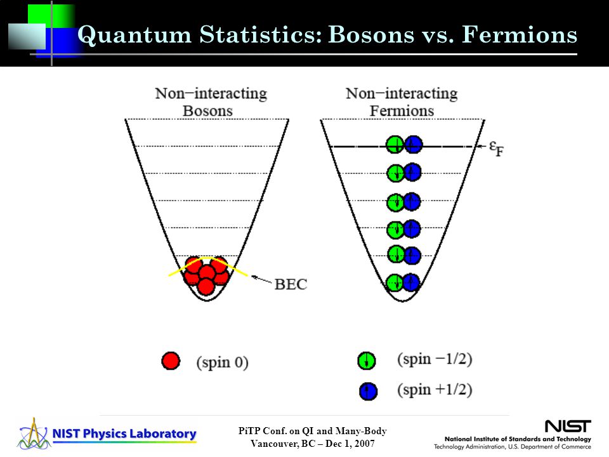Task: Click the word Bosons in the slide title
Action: coord(371,34)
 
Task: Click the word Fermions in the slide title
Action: coord(520,34)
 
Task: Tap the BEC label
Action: coord(291,284)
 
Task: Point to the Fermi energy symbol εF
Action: coord(496,149)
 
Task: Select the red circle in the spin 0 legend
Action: coord(171,361)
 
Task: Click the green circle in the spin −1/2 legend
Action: coord(366,361)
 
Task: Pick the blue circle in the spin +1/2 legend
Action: coord(368,391)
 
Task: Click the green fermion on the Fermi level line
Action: coord(395,145)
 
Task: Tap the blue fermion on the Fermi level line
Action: coord(413,145)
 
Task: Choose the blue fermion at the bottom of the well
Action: coord(411,282)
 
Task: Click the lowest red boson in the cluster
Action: coord(206,287)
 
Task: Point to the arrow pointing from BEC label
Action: coord(261,280)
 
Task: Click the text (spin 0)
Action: coord(222,362)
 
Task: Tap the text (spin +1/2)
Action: coord(435,389)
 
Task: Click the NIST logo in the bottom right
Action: coord(568,426)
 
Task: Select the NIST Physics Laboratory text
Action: coord(124,434)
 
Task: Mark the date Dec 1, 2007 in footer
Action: coord(350,444)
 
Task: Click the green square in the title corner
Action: coord(51,15)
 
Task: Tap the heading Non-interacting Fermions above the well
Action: coord(402,102)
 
